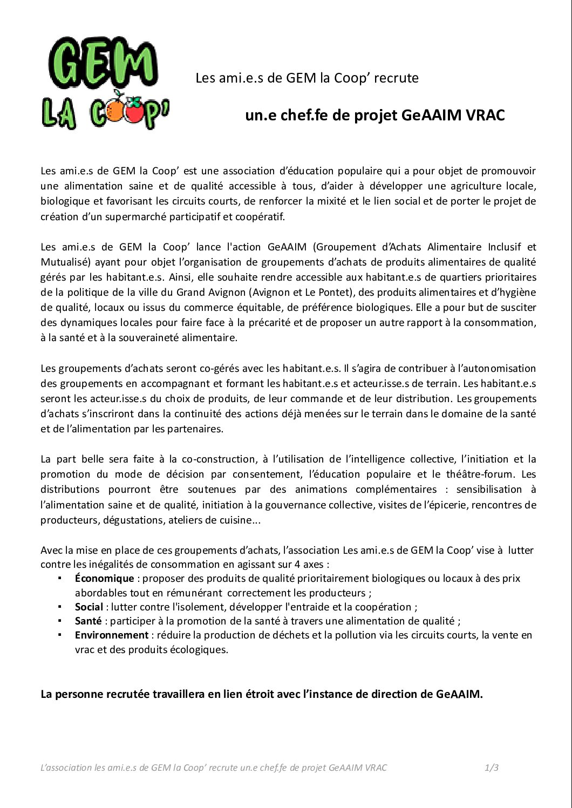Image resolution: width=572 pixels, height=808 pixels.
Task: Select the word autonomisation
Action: pyautogui.click(x=497, y=369)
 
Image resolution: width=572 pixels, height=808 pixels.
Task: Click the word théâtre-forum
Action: pyautogui.click(x=481, y=474)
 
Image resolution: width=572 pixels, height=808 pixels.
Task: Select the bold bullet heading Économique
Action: pyautogui.click(x=104, y=578)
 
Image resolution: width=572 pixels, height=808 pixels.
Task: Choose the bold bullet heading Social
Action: pyautogui.click(x=88, y=607)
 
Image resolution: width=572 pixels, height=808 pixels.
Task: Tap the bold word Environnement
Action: pyautogui.click(x=111, y=635)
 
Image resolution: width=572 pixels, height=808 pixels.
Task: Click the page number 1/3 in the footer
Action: pyautogui.click(x=491, y=768)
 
